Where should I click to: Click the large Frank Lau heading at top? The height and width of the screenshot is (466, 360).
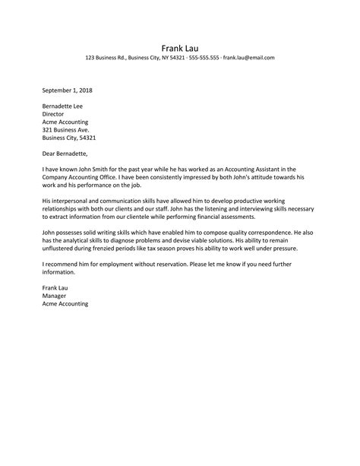click(179, 45)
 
